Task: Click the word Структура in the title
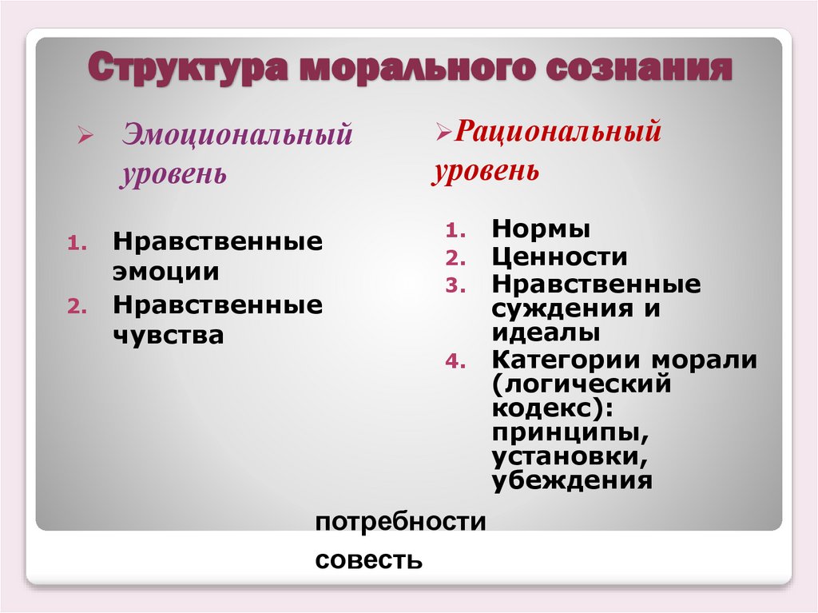pyautogui.click(x=186, y=69)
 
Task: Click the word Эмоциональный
pyautogui.click(x=236, y=134)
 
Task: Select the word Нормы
pyautogui.click(x=541, y=229)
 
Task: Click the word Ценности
pyautogui.click(x=559, y=257)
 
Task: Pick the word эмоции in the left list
pyautogui.click(x=165, y=271)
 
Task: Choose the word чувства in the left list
pyautogui.click(x=168, y=335)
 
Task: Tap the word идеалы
pyautogui.click(x=546, y=332)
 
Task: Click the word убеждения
pyautogui.click(x=572, y=481)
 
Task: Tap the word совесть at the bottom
pyautogui.click(x=368, y=559)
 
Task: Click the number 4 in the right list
pyautogui.click(x=453, y=361)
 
